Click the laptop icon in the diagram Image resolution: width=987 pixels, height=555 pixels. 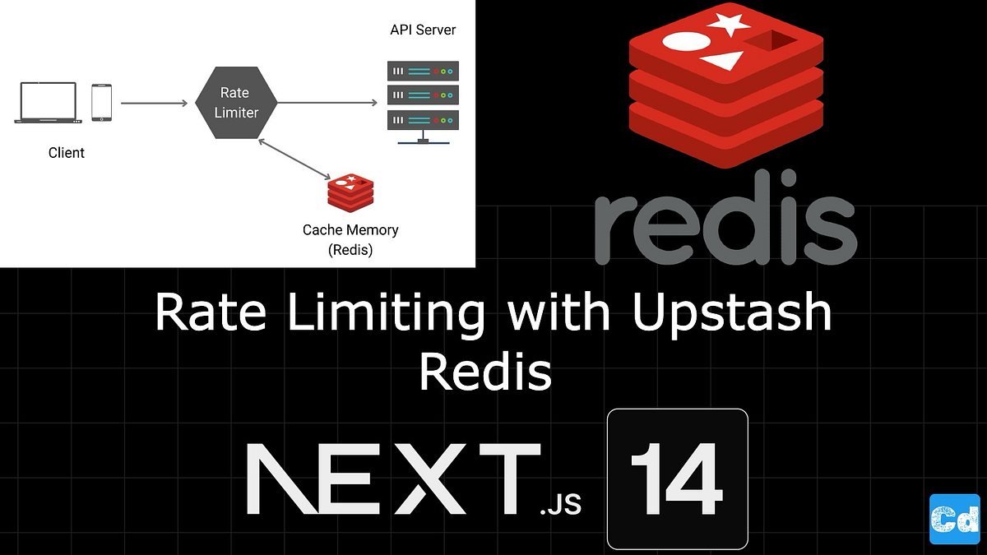(x=48, y=102)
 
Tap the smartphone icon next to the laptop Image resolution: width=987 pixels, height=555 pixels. (x=101, y=102)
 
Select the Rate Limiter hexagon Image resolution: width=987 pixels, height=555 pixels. (x=236, y=103)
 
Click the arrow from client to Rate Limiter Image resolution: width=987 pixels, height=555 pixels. (x=154, y=103)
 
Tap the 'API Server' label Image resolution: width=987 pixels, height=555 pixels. (x=423, y=30)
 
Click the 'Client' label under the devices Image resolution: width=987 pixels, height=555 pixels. (x=66, y=152)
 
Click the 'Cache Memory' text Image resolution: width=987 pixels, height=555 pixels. (x=350, y=230)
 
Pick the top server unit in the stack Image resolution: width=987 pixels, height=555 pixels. (x=423, y=71)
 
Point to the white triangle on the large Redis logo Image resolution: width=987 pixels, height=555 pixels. (x=721, y=60)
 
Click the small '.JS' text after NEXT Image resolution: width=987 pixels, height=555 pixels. (x=561, y=503)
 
